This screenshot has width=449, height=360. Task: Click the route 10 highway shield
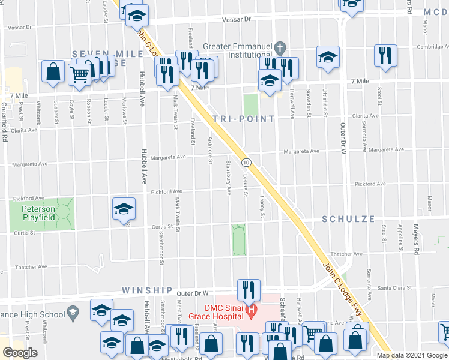pos(246,163)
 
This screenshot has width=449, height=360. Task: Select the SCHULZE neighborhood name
pos(348,219)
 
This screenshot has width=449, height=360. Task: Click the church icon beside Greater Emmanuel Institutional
pos(279,47)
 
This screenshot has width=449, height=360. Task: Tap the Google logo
pos(20,353)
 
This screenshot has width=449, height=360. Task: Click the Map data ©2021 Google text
pos(412,355)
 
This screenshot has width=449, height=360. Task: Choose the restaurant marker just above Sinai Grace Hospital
pos(247,290)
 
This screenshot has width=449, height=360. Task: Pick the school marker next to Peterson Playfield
pos(124,209)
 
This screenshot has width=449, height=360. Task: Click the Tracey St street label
pos(262,204)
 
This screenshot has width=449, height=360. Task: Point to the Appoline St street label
pos(399,234)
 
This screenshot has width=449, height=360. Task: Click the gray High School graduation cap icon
pos(72,313)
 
